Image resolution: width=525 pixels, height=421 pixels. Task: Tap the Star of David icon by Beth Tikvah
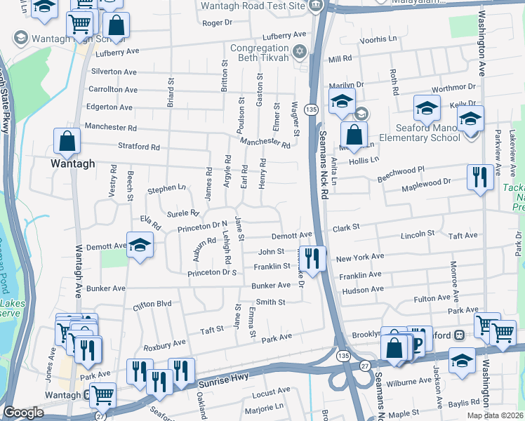click(300, 51)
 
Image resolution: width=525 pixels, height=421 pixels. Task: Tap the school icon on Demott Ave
click(140, 246)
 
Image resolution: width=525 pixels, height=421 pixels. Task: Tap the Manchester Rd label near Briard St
click(110, 127)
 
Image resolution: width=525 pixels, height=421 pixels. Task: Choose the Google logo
click(23, 413)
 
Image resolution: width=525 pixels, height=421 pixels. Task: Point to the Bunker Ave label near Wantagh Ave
click(105, 288)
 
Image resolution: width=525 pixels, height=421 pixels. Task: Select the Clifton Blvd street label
click(152, 305)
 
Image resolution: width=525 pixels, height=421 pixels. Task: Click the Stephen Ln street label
click(166, 189)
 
